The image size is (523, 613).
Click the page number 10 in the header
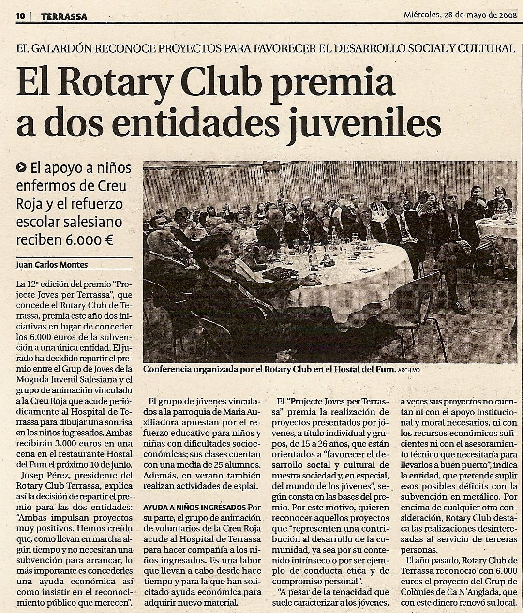(x=20, y=16)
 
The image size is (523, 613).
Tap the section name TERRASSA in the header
(x=64, y=16)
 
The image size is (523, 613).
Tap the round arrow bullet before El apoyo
(x=21, y=168)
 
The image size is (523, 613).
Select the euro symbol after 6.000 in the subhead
(x=108, y=239)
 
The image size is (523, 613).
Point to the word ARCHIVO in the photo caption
(x=409, y=370)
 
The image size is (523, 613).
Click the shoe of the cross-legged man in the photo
(x=458, y=307)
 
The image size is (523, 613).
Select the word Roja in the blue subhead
(x=29, y=204)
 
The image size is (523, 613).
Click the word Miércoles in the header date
(x=421, y=14)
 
